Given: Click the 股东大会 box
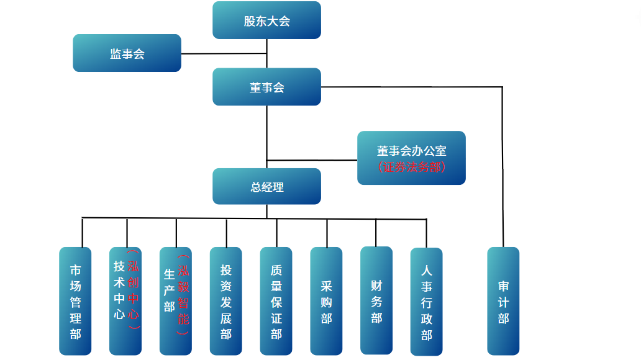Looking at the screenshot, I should coord(266,20).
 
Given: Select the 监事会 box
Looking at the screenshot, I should coord(127,53).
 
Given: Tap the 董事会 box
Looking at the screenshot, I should coord(266,87).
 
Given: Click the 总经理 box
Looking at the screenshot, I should coord(266,186).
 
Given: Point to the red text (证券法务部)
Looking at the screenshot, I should coord(411,167).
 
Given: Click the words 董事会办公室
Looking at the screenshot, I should coord(411,151).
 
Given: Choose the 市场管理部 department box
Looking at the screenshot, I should coord(75,302).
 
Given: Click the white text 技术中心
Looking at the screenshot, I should coord(119,290).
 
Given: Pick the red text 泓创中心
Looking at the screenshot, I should coord(133,290).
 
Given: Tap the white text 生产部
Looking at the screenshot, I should coord(169,290).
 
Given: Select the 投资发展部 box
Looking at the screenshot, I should coord(226,302).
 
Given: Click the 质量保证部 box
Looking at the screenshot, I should coord(276,302).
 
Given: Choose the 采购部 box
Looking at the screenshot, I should coord(327,302).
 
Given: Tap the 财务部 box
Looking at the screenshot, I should coord(376,301).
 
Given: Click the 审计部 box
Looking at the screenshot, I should coord(503,302).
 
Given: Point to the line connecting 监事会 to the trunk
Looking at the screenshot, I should coord(224,53).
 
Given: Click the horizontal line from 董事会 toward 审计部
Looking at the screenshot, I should coord(410,87).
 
